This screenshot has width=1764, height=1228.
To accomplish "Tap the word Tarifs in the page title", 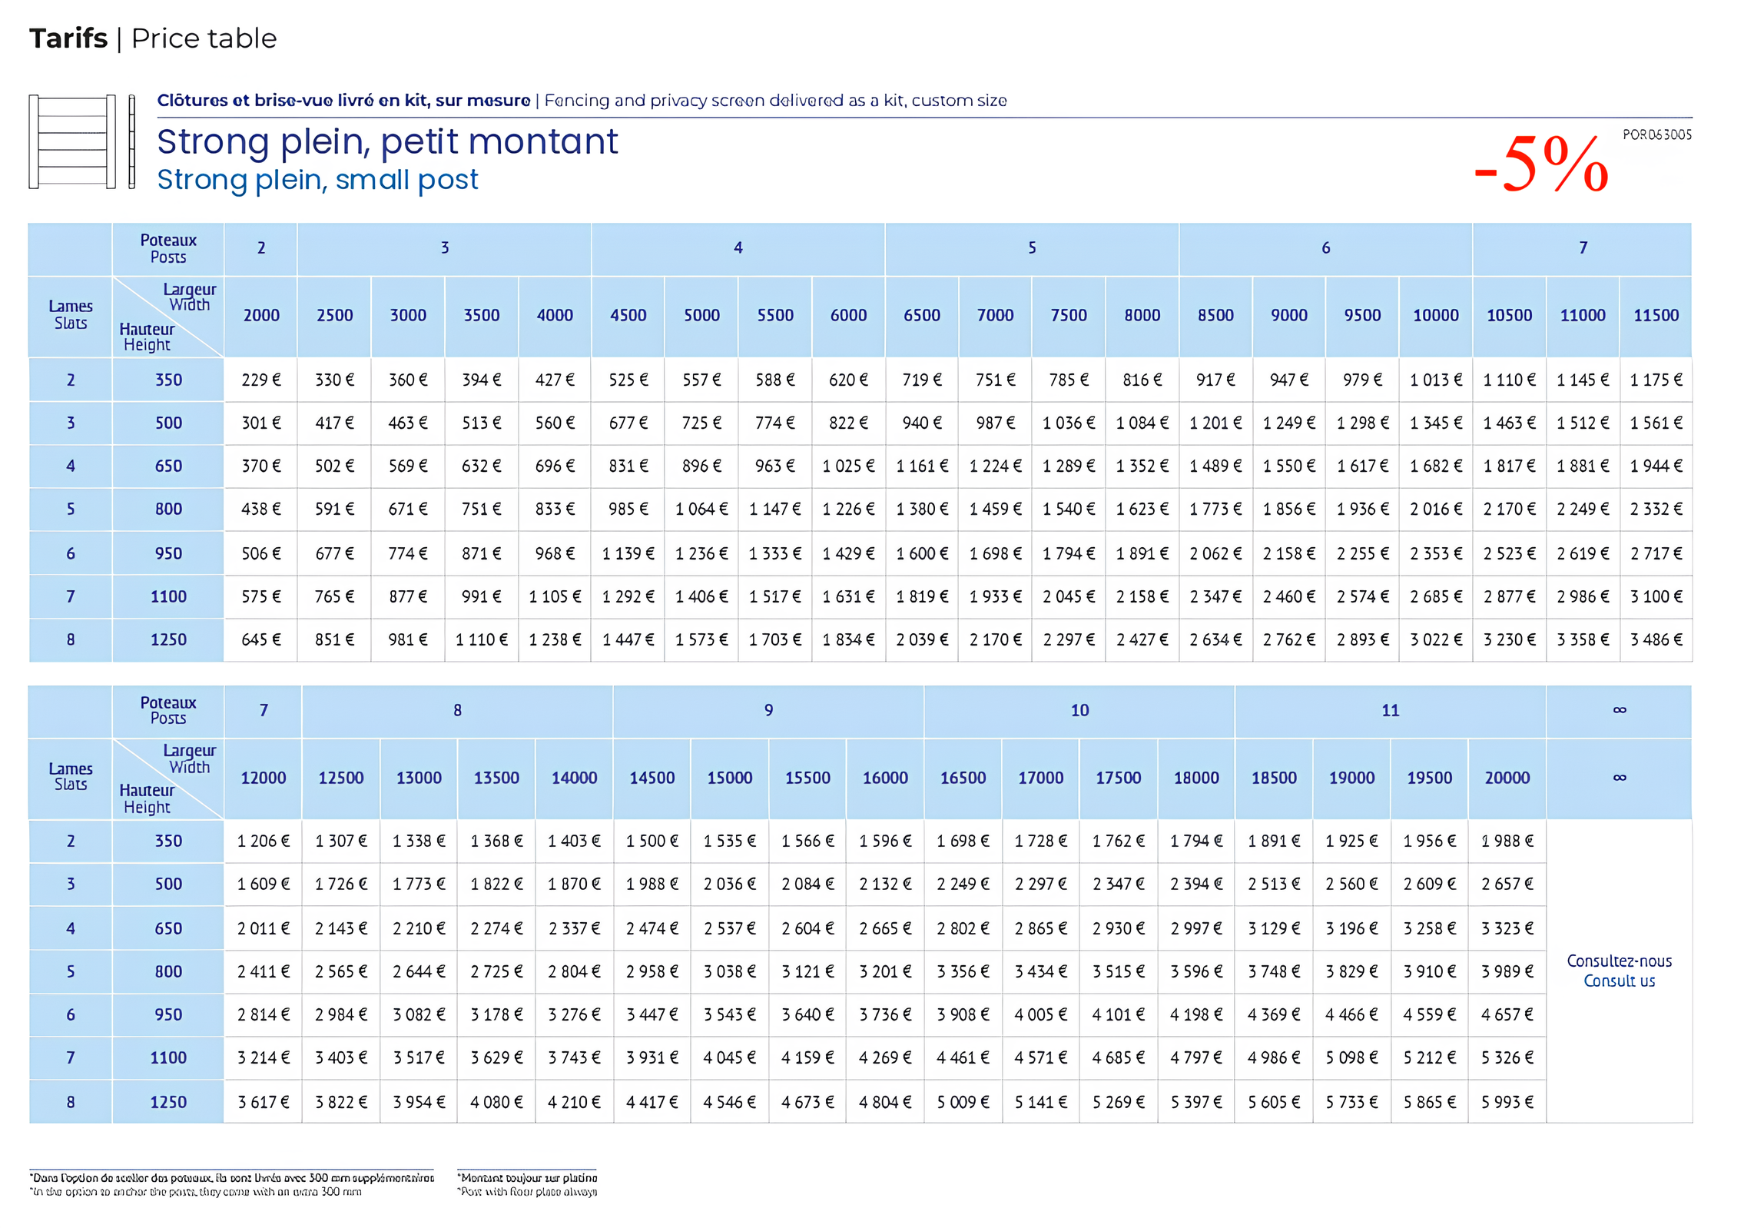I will coord(68,38).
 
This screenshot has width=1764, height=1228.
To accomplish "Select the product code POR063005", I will coord(1656,134).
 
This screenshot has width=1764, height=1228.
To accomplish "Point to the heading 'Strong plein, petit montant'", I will coord(387,141).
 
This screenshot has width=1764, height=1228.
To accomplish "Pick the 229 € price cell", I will coord(261,380).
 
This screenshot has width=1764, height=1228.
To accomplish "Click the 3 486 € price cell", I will coord(1656,639).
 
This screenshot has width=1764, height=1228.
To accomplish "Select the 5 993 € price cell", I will coord(1507,1102).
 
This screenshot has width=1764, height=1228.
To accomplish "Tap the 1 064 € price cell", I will coord(701,509).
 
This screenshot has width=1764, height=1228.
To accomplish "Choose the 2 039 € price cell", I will coord(922,639).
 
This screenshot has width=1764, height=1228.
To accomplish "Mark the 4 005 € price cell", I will coord(1040,1014).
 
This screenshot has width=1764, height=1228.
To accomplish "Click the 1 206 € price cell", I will coord(264,841).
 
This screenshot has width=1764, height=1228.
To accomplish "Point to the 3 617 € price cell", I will coord(264,1102).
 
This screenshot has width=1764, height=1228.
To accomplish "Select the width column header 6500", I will coord(922,315).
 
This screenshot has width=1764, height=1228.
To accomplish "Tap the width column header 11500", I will coord(1656,315).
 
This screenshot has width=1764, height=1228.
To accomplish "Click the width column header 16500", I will coord(963,778).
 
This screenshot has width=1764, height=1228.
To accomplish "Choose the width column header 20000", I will coord(1507,778).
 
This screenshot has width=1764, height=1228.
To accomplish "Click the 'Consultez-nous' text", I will coord(1619,961).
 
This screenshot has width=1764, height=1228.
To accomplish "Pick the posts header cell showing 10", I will coord(1079,710).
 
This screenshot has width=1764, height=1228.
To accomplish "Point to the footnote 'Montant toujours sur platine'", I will coord(528,1177).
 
